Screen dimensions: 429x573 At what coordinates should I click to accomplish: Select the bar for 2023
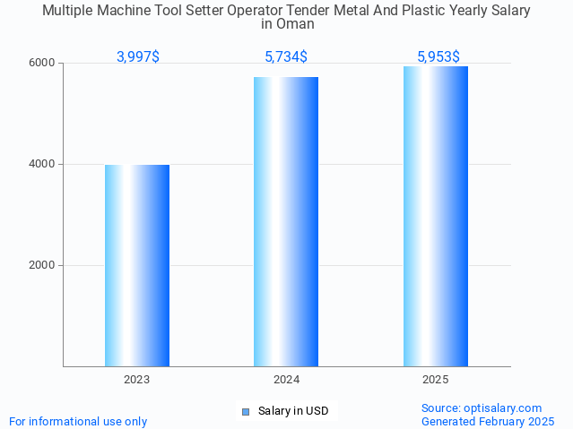(137, 265)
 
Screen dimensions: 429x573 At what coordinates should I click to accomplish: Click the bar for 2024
(286, 221)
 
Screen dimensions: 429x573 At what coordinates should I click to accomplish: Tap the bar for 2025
(436, 216)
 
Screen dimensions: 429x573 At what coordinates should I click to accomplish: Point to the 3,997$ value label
(138, 57)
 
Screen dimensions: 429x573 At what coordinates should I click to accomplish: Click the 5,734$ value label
(286, 57)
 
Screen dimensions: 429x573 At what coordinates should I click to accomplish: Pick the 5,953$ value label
(438, 57)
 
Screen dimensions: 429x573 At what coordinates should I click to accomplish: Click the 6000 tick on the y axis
(42, 64)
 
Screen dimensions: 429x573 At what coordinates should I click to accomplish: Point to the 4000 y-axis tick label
(42, 165)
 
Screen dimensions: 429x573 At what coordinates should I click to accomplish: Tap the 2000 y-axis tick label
(42, 266)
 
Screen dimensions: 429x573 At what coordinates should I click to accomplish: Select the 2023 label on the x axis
(137, 380)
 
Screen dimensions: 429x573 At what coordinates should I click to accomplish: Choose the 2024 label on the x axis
(286, 380)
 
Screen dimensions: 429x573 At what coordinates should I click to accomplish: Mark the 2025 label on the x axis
(436, 380)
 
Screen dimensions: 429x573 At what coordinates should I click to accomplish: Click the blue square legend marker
(246, 412)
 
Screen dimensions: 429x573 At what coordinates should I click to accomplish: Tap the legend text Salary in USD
(293, 412)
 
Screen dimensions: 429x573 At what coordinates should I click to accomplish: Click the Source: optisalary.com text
(482, 408)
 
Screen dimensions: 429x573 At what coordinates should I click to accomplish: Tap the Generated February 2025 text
(487, 421)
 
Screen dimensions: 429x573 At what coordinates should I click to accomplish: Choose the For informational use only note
(78, 421)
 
